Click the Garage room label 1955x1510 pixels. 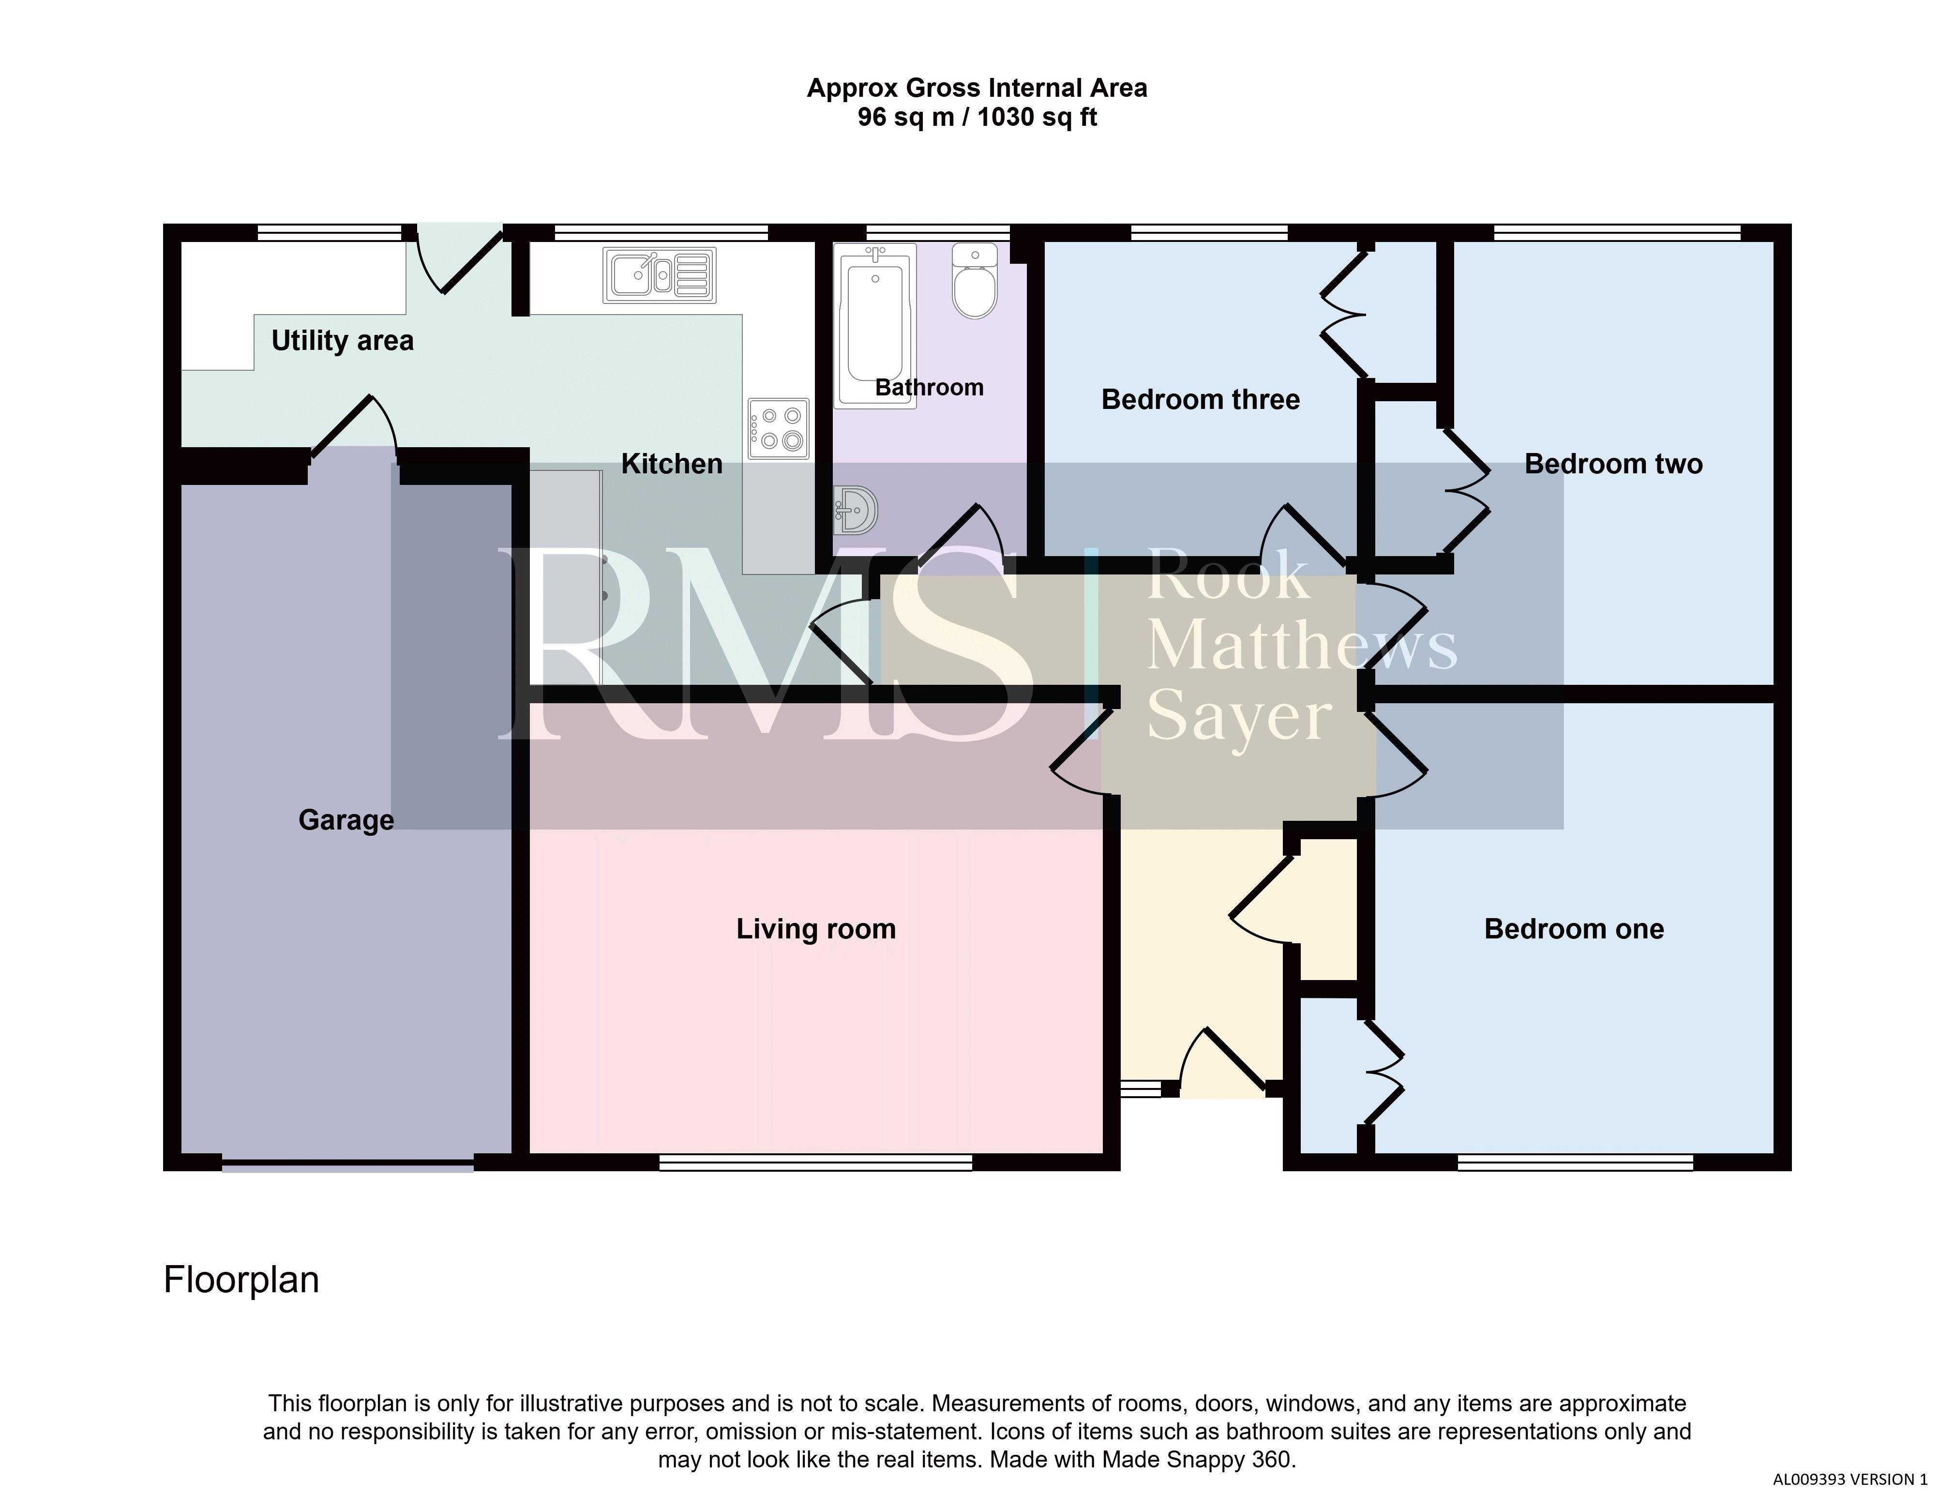click(346, 820)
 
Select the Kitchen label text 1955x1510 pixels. click(671, 464)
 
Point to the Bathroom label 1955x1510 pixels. click(929, 388)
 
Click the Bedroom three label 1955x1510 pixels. click(1201, 399)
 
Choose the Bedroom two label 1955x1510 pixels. click(1613, 464)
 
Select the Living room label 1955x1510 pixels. click(815, 929)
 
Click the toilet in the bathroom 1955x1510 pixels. click(975, 280)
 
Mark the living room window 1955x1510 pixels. click(815, 1163)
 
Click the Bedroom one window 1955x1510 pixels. click(1576, 1163)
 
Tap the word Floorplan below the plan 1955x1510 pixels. click(241, 1280)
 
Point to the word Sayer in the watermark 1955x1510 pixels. click(1239, 718)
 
